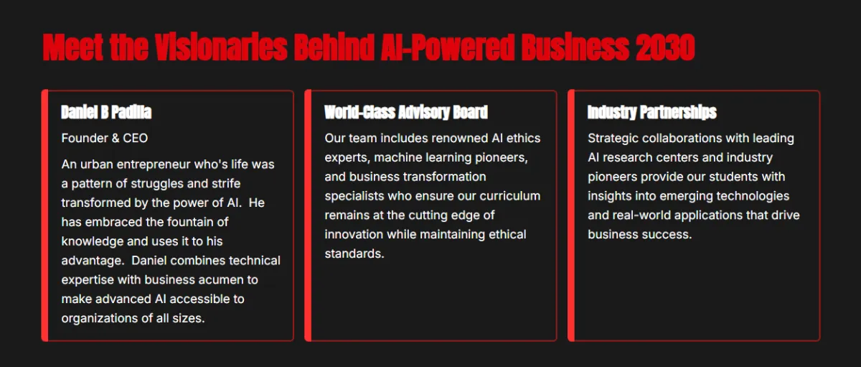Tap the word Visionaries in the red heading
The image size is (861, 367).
pyautogui.click(x=221, y=47)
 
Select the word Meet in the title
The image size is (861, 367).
pyautogui.click(x=73, y=47)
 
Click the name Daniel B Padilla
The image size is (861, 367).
pyautogui.click(x=106, y=112)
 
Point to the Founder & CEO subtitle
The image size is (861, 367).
pyautogui.click(x=105, y=138)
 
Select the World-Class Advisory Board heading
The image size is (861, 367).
pyautogui.click(x=406, y=112)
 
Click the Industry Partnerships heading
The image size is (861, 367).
pyautogui.click(x=652, y=112)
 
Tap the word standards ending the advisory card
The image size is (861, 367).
pyautogui.click(x=353, y=254)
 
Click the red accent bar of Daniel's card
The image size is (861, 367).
pyautogui.click(x=45, y=215)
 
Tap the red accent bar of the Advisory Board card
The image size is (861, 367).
pyautogui.click(x=308, y=215)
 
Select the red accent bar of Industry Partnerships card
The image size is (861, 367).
pyautogui.click(x=571, y=215)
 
